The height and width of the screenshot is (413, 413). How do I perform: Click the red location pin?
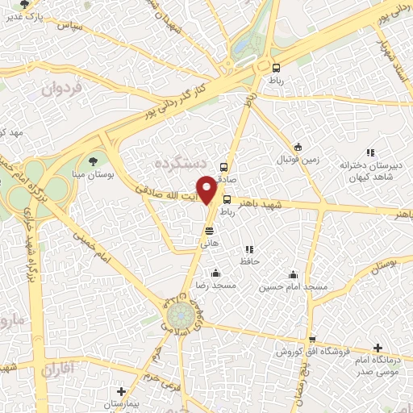point(207,189)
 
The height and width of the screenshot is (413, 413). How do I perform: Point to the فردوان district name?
point(63,89)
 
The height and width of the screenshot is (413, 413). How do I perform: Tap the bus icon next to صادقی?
point(223,168)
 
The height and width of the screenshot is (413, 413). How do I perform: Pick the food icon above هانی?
point(209,232)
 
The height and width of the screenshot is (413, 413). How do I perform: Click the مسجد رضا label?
point(215,286)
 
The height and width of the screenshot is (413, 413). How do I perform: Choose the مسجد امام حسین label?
point(293,286)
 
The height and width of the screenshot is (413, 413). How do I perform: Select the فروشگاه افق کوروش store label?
point(311,352)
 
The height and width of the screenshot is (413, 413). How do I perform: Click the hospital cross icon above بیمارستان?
point(121,391)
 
